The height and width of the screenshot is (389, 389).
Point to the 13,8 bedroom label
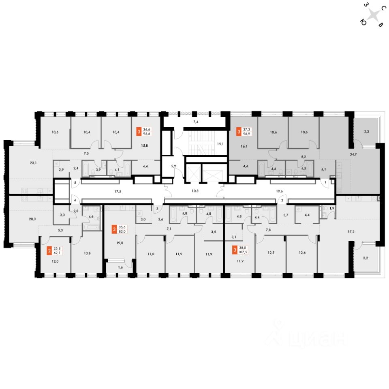click(x=87, y=253)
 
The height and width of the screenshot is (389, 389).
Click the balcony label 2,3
click(x=366, y=132)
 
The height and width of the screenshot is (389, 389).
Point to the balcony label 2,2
click(x=366, y=257)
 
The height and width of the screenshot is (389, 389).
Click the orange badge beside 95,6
click(x=139, y=131)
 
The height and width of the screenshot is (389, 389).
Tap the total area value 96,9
click(x=246, y=134)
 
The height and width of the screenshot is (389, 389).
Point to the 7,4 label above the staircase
click(x=195, y=122)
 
